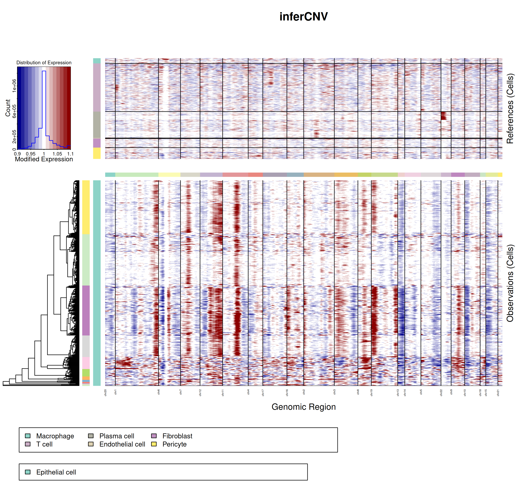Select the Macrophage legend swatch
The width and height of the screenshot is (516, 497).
[x=28, y=436]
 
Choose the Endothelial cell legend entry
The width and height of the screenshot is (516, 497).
[x=122, y=444]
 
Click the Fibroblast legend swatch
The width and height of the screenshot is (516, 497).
[x=154, y=436]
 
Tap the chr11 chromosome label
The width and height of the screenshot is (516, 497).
[x=223, y=393]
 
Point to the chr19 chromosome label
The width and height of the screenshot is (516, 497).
[x=372, y=393]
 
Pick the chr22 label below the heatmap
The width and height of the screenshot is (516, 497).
[x=441, y=393]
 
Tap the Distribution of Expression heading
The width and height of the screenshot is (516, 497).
[x=44, y=63]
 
